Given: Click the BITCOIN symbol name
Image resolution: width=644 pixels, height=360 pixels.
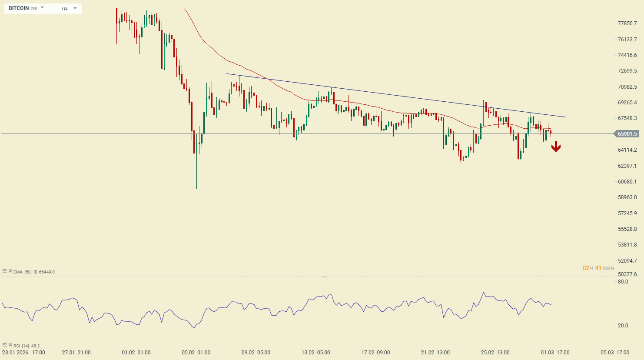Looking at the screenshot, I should (19, 8).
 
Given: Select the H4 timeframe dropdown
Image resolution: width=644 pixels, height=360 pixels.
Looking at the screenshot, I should (69, 9).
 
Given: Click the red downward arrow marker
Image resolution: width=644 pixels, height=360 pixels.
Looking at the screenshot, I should (556, 147).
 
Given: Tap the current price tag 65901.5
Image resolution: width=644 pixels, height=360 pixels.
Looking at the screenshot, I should (627, 134).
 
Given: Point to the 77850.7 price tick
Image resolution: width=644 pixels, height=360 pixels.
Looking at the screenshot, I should (627, 23).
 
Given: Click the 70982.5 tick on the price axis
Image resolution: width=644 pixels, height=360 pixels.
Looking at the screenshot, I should (627, 87).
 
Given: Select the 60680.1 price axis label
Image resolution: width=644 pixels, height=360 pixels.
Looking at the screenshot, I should (627, 182).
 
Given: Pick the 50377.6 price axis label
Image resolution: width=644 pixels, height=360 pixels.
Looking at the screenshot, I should (627, 274).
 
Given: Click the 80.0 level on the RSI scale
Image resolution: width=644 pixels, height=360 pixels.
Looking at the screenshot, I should (623, 282).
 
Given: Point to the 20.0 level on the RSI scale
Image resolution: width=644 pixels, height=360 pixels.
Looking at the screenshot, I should (623, 326).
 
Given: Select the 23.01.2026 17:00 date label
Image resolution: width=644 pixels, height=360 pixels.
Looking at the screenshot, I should (23, 353).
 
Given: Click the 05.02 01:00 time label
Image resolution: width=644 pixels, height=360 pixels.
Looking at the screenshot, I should (196, 353).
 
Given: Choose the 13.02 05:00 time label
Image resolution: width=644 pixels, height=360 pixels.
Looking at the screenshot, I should (316, 353).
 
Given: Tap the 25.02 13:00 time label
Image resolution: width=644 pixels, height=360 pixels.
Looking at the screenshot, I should (495, 353).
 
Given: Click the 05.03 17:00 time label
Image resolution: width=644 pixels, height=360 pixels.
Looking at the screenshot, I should (615, 353).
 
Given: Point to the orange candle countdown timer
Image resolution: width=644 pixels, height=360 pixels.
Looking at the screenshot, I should (598, 268).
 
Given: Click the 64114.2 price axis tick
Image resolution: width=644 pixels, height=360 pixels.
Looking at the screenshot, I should (627, 150).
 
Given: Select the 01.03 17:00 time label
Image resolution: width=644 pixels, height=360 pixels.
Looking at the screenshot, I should (555, 353).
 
